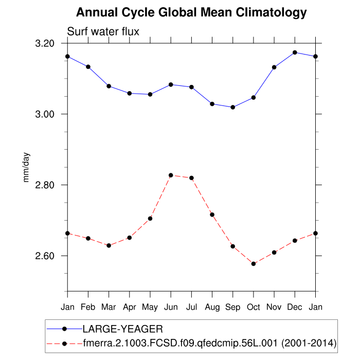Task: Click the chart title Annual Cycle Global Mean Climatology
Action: pyautogui.click(x=191, y=12)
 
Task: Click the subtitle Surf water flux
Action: pyautogui.click(x=103, y=32)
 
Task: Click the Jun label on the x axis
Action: pyautogui.click(x=171, y=307)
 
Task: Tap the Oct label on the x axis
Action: pyautogui.click(x=253, y=307)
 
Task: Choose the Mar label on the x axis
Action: pyautogui.click(x=109, y=307)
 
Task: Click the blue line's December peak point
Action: pyautogui.click(x=295, y=52)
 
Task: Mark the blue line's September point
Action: pyautogui.click(x=233, y=107)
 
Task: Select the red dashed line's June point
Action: pyautogui.click(x=171, y=175)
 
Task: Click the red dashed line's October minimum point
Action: pyautogui.click(x=254, y=264)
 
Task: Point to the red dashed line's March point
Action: pyautogui.click(x=109, y=246)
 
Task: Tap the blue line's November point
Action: pyautogui.click(x=274, y=67)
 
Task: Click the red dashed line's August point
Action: pyautogui.click(x=212, y=214)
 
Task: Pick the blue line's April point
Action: pyautogui.click(x=129, y=93)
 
